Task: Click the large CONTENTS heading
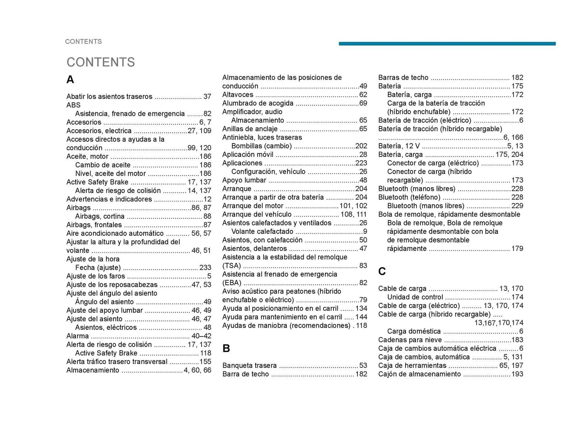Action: click(x=100, y=62)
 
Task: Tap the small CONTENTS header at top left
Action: click(x=83, y=41)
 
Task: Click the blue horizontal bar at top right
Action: click(x=447, y=44)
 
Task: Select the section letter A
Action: click(x=70, y=80)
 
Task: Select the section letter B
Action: click(x=226, y=348)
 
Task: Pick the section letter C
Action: click(x=382, y=271)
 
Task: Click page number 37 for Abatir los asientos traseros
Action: click(x=207, y=96)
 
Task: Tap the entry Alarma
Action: click(x=77, y=336)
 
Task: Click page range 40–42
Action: click(x=201, y=336)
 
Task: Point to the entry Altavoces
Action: click(x=238, y=95)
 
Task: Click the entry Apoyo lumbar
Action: click(x=244, y=180)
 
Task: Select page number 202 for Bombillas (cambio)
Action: click(x=361, y=146)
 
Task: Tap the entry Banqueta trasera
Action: click(x=249, y=365)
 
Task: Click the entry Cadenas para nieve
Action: click(x=410, y=340)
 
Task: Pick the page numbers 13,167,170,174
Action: click(x=498, y=323)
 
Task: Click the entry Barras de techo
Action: click(x=403, y=77)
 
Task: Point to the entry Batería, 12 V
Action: click(x=399, y=146)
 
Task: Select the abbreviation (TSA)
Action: click(x=231, y=266)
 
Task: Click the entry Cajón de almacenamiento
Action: click(x=419, y=374)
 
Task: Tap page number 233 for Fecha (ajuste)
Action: click(x=205, y=268)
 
